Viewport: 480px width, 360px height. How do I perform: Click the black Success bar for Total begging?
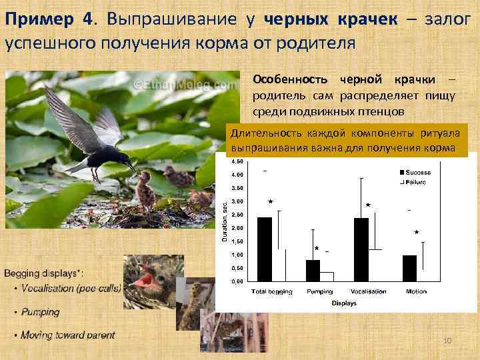coord(265,249)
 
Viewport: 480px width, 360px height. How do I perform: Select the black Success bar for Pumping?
coord(313,271)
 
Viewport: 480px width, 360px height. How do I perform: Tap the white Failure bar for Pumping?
coord(327,276)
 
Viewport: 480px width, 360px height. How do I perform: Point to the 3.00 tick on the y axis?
coord(237,201)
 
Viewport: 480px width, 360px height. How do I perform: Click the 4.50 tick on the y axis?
coord(237,161)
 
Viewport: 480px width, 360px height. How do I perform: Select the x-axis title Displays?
coord(344,303)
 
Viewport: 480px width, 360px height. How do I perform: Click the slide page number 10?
coord(447,341)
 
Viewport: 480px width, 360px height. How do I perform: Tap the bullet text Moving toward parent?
coord(67,335)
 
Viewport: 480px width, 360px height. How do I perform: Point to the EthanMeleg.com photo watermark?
coord(185,85)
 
